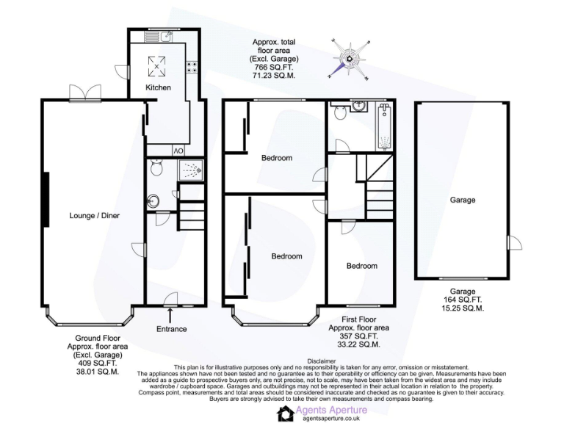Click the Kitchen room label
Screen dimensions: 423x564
coord(158,87)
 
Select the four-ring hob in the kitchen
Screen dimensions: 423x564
coord(192,67)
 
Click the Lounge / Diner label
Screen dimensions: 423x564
coord(94,215)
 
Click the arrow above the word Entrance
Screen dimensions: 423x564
coord(170,316)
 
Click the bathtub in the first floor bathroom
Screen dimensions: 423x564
coord(384,126)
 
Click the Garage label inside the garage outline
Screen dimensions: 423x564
coord(462,200)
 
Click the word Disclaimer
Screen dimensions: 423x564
coord(321,361)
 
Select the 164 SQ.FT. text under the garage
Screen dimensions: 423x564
coord(462,300)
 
